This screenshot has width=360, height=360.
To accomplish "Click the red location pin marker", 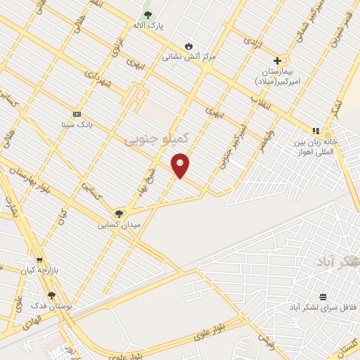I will point(181,165).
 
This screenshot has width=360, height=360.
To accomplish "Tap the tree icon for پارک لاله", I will point(148,14).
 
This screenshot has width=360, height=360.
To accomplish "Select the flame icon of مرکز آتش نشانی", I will point(188,46).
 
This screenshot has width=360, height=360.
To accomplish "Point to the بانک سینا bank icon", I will point(77,114).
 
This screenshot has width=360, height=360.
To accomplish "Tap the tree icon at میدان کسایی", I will point(119,213).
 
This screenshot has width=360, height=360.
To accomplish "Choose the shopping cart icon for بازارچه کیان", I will point(39,259).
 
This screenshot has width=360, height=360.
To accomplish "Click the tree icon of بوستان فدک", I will point(51,295).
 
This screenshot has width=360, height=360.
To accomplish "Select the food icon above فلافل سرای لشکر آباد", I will point(323,297).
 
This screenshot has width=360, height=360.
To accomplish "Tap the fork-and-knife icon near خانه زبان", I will point(316,130).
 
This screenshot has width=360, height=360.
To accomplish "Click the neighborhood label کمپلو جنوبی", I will point(158,139).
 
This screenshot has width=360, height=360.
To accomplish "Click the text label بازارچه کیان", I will point(37,270).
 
